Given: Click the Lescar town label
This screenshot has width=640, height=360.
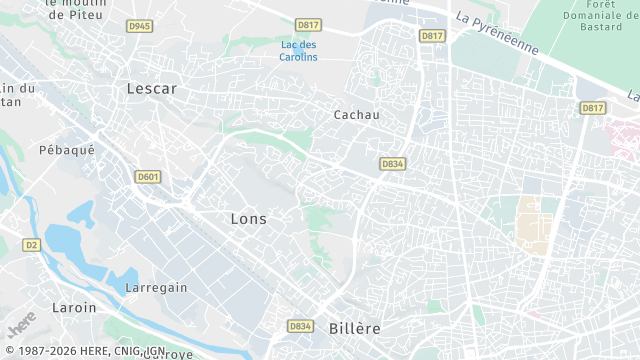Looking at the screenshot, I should point(152,89).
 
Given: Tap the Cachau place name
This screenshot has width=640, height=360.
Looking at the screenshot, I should point(356,115).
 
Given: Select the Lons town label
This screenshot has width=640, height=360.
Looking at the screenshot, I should point(248,218).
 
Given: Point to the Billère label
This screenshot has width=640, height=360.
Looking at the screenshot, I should point(354,328).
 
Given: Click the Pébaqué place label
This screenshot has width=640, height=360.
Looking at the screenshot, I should point(66,150).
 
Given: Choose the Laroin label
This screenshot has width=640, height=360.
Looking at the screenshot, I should point(74,308).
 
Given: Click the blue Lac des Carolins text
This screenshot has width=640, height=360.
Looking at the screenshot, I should point(299,51).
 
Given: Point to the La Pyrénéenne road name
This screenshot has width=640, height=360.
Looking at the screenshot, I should point(497,33).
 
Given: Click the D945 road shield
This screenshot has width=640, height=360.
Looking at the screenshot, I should point(140,26).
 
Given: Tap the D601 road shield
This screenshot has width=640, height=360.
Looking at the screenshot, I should point(148,177).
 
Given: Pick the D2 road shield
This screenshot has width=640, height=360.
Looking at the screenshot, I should point(31,244).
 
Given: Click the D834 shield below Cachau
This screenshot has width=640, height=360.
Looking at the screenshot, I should point(392,163).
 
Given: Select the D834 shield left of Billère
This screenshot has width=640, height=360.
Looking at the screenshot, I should point(300,326).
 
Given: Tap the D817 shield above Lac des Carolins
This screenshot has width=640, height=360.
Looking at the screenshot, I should point(307,25).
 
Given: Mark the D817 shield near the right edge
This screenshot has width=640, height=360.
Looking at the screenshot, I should point(593,108).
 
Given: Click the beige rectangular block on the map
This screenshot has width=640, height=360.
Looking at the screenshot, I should point(529,222).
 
